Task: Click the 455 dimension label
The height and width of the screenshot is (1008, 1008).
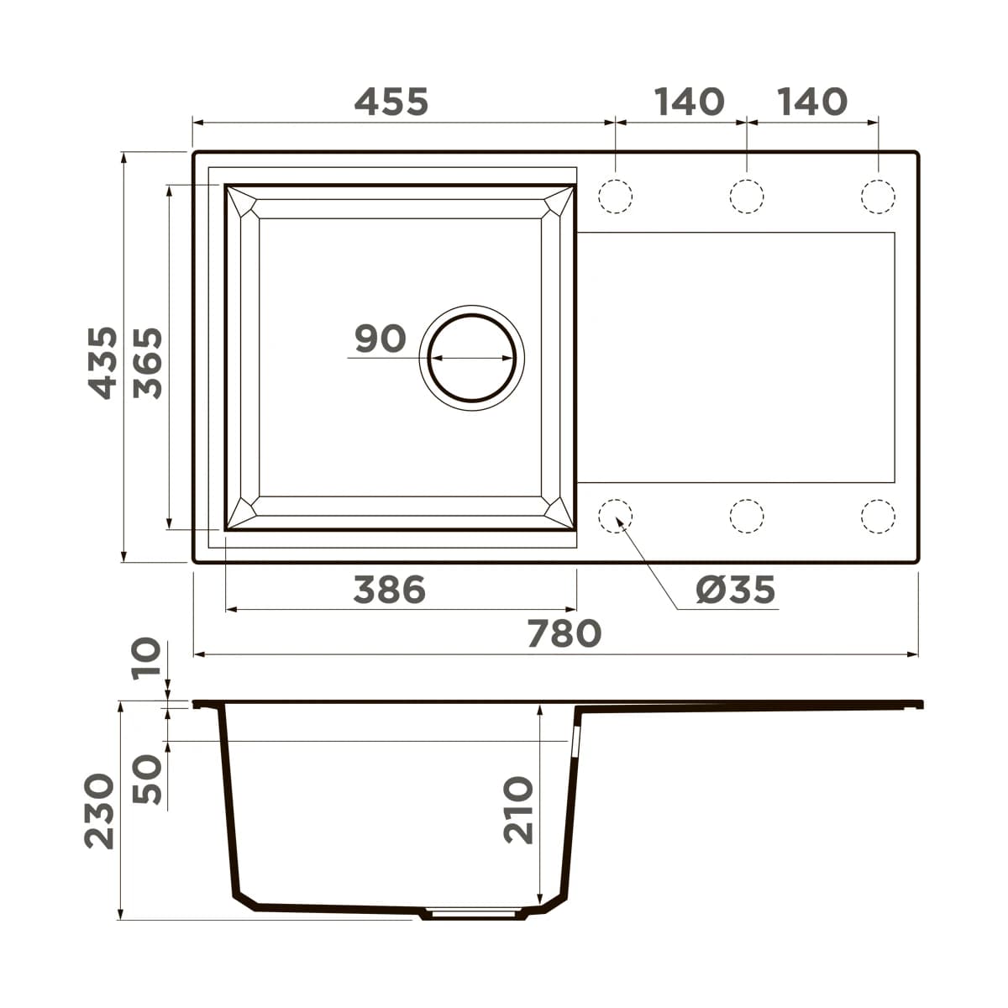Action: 391,102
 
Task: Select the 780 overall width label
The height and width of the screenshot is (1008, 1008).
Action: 564,633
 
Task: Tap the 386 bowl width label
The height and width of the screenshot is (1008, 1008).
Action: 390,589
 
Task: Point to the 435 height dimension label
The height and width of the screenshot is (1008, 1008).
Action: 102,363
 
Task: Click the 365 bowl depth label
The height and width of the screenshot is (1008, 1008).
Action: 148,363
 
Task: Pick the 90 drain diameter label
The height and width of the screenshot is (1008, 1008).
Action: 381,339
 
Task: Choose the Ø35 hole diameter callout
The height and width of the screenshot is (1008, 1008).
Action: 736,590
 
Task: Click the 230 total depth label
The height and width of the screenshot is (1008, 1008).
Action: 99,811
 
